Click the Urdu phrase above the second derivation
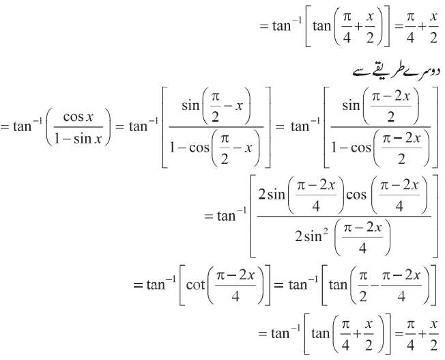pos(396,72)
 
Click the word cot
pos(195,285)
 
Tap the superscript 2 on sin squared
pos(326,232)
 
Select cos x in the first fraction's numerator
pos(78,117)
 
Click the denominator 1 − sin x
pos(78,139)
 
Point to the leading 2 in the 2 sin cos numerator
pos(261,195)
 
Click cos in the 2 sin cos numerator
pos(356,195)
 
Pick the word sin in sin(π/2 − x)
pos(190,105)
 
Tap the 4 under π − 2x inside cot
pos(235,296)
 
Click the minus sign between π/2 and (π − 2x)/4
pos(375,285)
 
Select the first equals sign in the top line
pos(264,27)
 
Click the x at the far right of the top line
pos(433,17)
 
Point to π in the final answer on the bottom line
pos(410,324)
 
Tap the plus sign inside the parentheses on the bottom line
pos(358,333)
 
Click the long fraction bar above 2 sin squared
pos(344,217)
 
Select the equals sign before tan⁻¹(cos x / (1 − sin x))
pos(5,127)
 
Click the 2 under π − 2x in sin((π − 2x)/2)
pos(391,117)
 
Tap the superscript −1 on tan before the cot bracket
pos(171,280)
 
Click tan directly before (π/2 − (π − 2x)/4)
pos(338,285)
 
